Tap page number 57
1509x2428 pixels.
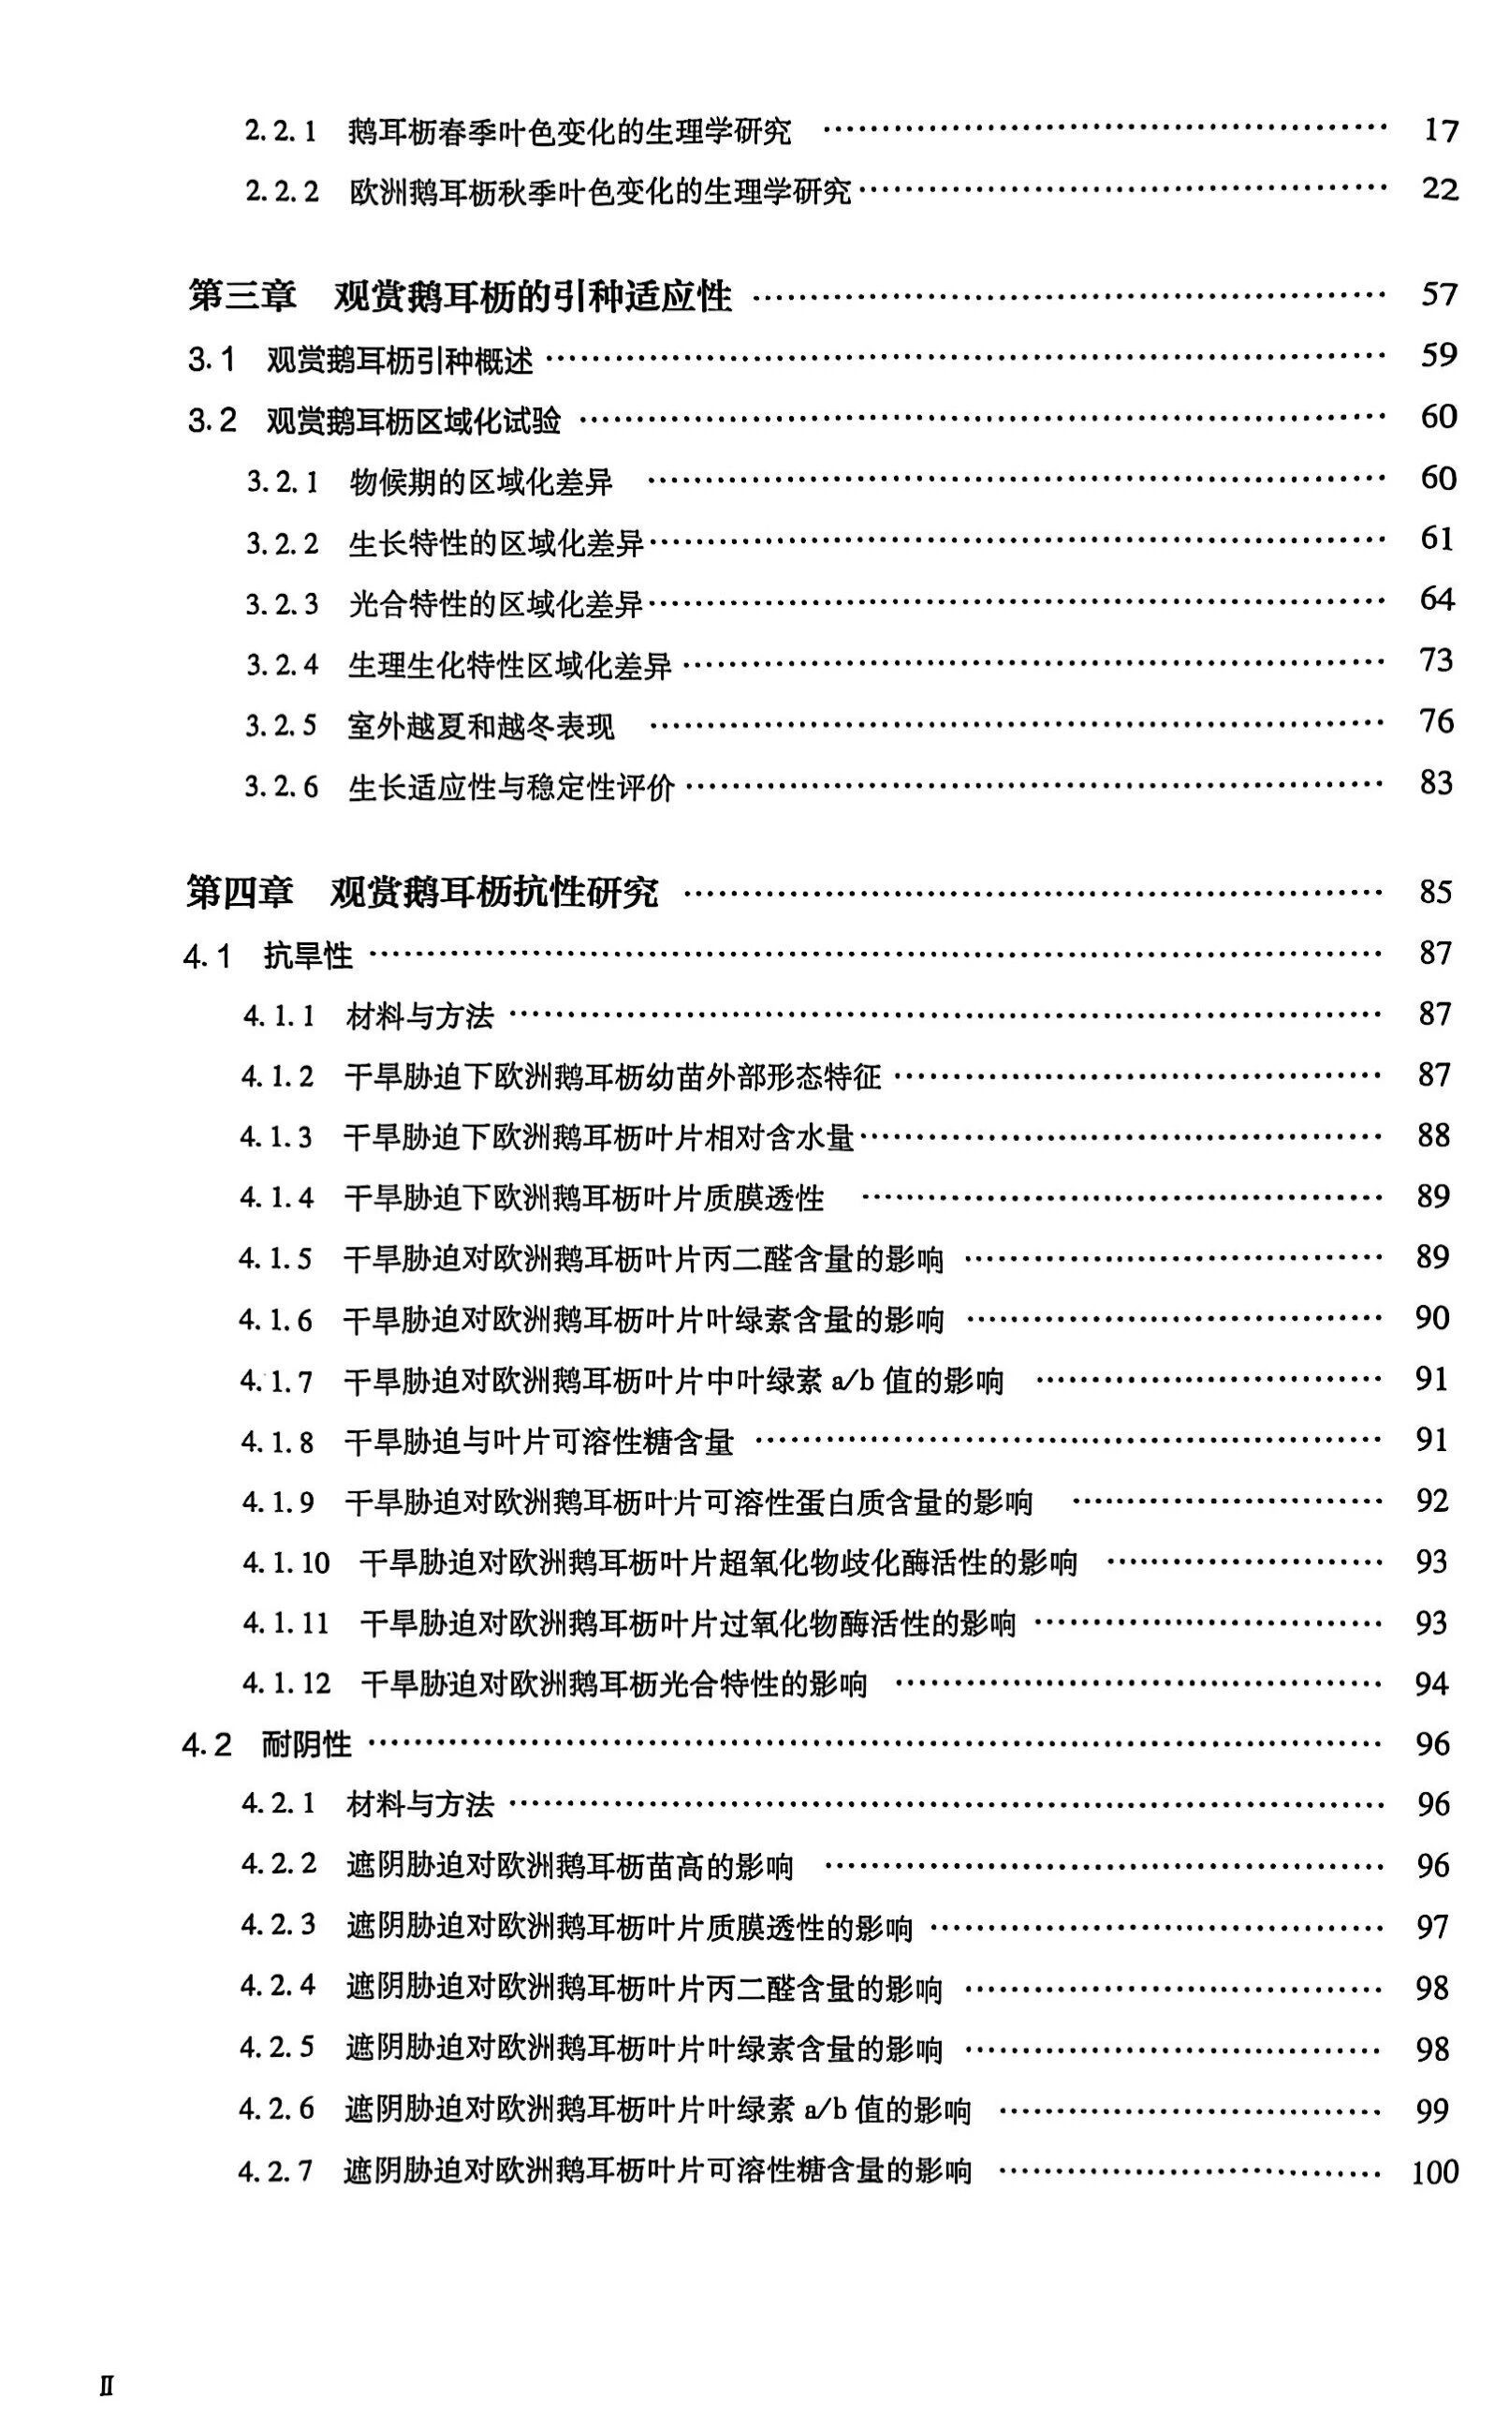pos(1438,295)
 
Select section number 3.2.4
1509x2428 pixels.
pos(283,666)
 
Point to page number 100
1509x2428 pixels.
pos(1434,2171)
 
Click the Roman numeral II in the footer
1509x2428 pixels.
pos(107,2379)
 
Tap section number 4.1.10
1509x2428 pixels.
pos(286,1562)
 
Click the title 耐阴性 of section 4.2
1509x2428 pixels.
pos(306,1744)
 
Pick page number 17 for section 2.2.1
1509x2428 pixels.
pos(1440,131)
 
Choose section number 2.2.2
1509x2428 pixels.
pos(282,191)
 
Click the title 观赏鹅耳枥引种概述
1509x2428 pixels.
pos(399,360)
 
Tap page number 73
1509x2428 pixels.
pos(1436,661)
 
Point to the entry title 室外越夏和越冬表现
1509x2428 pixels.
pos(481,727)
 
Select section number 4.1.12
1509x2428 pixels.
pos(286,1684)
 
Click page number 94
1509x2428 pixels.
pos(1432,1684)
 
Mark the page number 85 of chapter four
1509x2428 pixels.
pos(1435,892)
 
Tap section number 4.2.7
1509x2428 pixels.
pos(276,2171)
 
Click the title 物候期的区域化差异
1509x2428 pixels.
pos(481,483)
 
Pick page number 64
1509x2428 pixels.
pos(1437,600)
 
